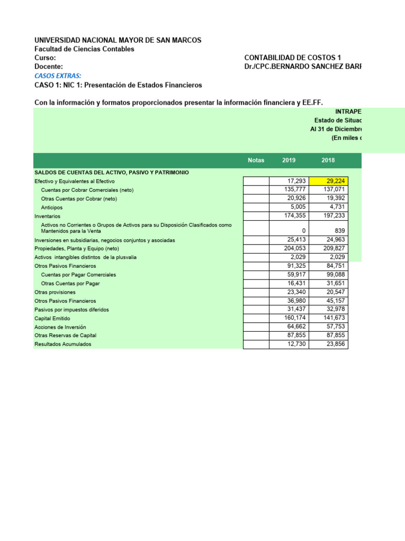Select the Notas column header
(x=256, y=161)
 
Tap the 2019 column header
(x=289, y=161)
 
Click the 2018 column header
(x=328, y=161)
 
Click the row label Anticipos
(x=52, y=208)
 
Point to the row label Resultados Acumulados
(x=63, y=344)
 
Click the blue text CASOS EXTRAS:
(x=58, y=76)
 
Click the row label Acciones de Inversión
(x=60, y=327)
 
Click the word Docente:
(x=49, y=67)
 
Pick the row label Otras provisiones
(x=55, y=292)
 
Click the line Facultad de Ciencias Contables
(x=84, y=49)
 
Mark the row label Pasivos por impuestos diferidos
(x=72, y=310)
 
